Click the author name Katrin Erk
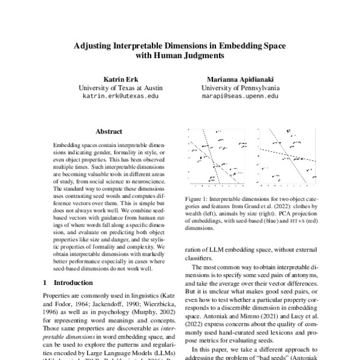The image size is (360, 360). [x=120, y=78]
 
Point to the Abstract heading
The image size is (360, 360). [x=109, y=131]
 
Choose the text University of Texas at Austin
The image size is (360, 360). [x=120, y=87]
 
